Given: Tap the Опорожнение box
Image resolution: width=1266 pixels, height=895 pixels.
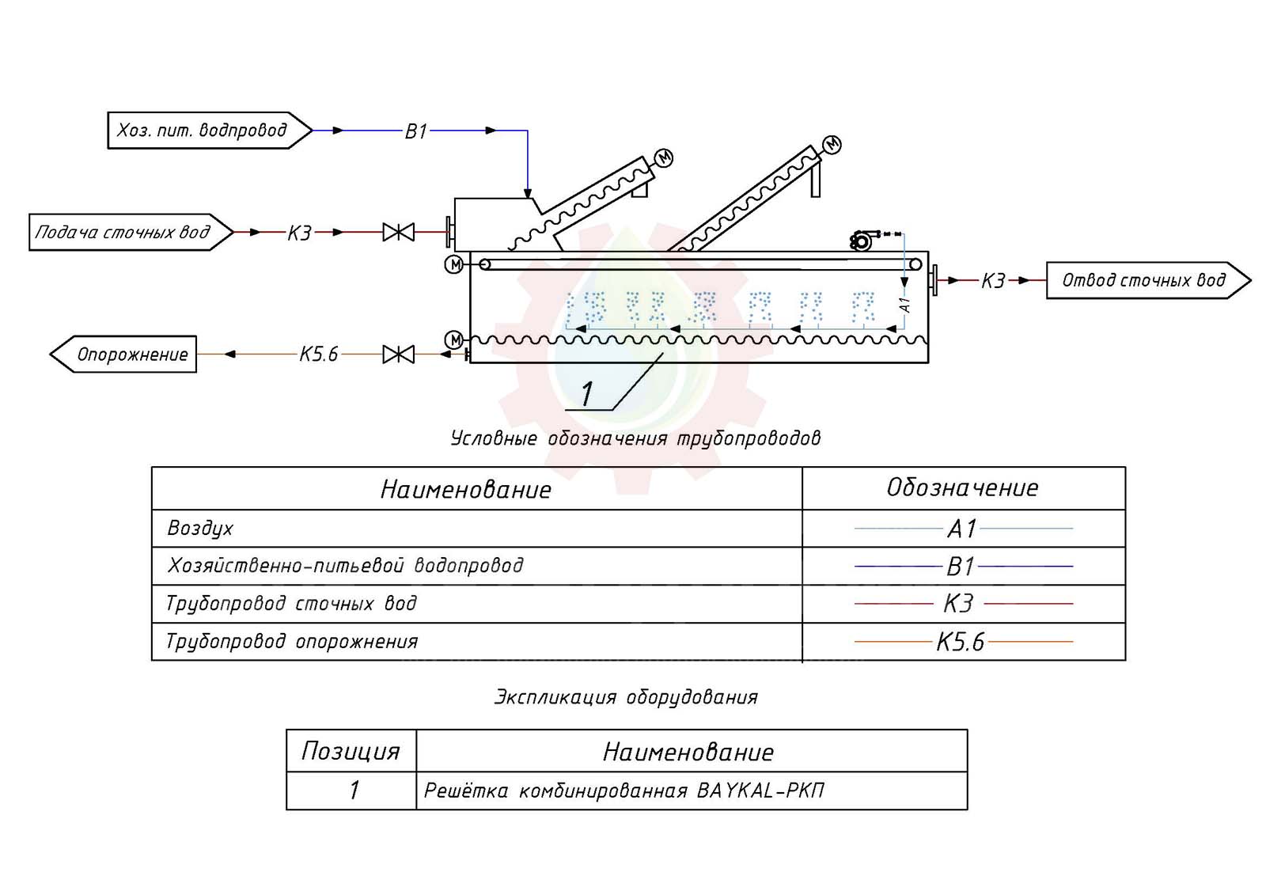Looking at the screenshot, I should (127, 355).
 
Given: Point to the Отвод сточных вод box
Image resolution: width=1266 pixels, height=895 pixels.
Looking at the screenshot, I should (1144, 280).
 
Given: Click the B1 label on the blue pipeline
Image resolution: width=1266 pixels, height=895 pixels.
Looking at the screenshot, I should (416, 131).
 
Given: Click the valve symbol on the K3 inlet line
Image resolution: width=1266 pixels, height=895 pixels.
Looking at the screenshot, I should (398, 233).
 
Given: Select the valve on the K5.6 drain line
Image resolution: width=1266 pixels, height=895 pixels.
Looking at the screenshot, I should (398, 355).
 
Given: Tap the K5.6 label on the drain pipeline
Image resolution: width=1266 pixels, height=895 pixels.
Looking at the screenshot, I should (319, 355).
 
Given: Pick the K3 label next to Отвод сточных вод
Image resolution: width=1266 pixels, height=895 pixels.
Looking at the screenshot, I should (993, 281).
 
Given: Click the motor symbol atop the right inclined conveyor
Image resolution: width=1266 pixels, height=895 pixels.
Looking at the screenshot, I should (832, 145).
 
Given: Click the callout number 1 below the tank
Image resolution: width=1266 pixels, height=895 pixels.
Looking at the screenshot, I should (587, 393).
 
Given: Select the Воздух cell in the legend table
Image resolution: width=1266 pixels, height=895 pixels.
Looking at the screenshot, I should (201, 529).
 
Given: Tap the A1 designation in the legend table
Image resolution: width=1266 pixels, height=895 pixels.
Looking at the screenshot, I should (962, 529).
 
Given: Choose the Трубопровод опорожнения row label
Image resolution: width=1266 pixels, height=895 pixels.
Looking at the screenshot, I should (291, 642).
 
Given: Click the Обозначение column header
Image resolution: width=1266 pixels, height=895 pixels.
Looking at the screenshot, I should (962, 488).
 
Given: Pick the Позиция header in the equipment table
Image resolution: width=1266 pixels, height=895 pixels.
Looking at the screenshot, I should (351, 751).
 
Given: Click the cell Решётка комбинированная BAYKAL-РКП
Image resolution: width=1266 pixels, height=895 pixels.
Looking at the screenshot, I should (624, 791).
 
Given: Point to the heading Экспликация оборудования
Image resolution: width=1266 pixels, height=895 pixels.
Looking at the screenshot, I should (626, 697).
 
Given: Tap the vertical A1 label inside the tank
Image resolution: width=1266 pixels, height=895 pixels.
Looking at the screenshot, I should (906, 305).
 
